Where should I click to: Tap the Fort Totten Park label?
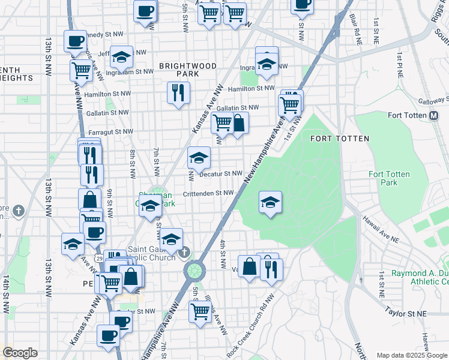389,178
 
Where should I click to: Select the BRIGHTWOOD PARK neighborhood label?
179,69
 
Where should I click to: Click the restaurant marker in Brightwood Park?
178,93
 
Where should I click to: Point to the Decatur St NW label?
220,173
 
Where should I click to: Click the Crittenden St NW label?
208,193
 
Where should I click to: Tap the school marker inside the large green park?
270,202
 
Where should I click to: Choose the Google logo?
20,353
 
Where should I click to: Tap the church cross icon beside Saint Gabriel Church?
185,251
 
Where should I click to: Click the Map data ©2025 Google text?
412,355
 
